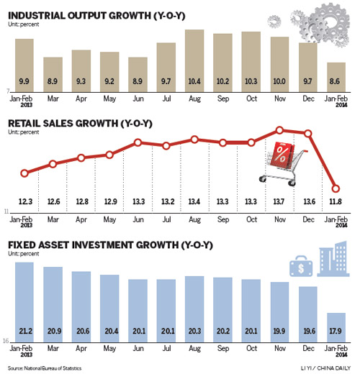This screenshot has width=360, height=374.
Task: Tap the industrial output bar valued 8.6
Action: [x=336, y=76]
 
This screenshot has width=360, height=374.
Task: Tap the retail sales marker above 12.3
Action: [x=24, y=173]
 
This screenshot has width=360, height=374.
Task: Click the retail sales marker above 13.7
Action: [x=279, y=131]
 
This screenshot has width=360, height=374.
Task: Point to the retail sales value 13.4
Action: [x=194, y=202]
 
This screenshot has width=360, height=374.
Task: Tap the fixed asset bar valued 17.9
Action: [x=336, y=327]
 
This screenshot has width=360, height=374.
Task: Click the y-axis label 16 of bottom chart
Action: [x=5, y=342]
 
